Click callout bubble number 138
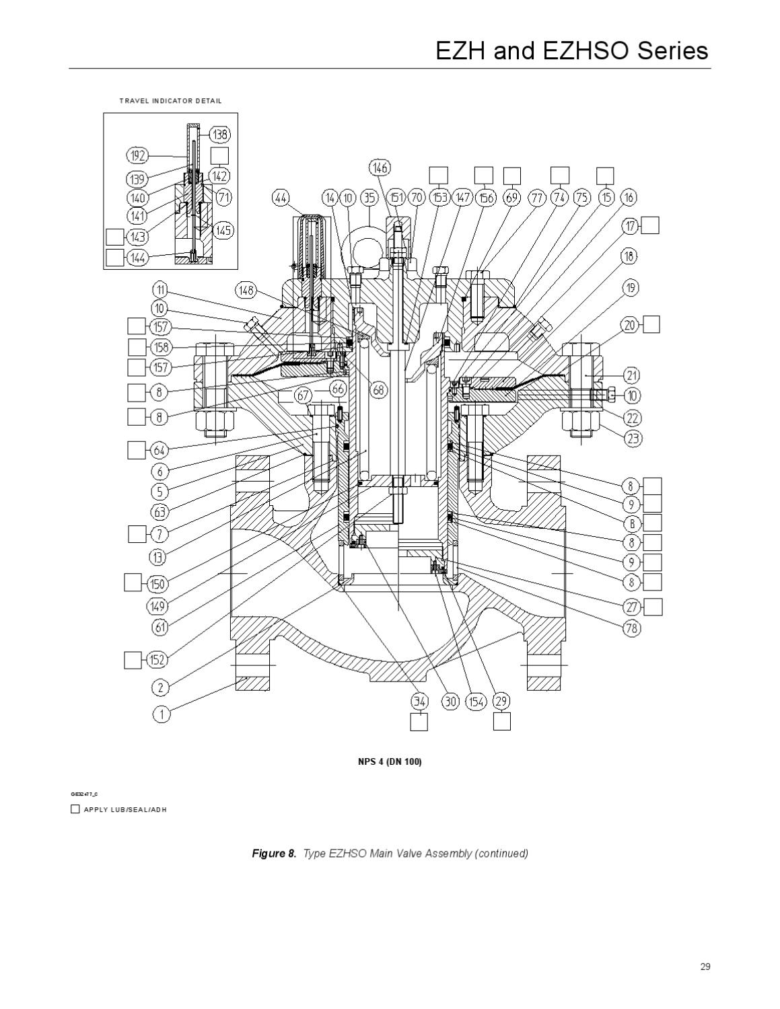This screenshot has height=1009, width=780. (220, 135)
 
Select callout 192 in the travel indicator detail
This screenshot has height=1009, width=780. (138, 156)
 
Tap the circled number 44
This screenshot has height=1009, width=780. (281, 198)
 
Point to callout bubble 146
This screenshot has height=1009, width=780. (380, 167)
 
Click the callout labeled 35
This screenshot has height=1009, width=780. (369, 198)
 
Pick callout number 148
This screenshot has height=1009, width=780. (246, 291)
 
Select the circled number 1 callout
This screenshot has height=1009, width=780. (162, 714)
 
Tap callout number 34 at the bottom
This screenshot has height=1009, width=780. (420, 702)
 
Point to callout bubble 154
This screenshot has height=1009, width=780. (476, 702)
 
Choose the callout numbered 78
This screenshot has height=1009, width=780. (632, 628)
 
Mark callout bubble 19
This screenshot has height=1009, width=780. (631, 289)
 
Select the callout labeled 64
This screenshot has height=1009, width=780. (159, 450)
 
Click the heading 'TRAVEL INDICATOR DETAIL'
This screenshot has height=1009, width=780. (170, 101)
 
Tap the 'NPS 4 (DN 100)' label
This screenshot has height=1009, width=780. (390, 761)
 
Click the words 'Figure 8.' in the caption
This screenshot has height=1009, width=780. (274, 854)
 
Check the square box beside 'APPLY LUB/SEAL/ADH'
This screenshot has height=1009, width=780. (75, 809)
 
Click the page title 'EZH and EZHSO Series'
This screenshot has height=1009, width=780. (572, 51)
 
